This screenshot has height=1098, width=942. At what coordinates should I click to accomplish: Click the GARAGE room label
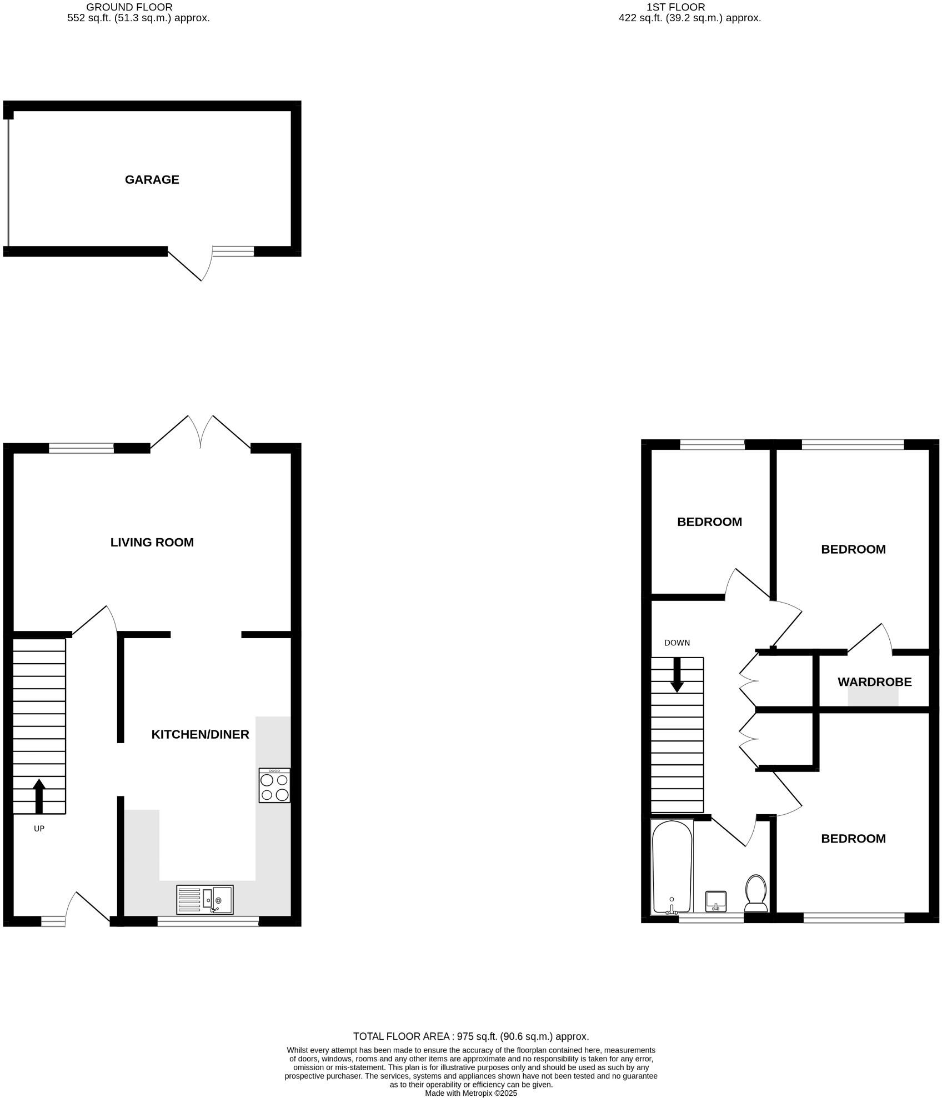pyautogui.click(x=152, y=179)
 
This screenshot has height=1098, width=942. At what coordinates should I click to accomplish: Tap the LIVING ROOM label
pyautogui.click(x=152, y=542)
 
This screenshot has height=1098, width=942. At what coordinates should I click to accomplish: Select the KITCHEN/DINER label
pyautogui.click(x=200, y=734)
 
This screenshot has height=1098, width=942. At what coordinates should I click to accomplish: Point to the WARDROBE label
pyautogui.click(x=874, y=681)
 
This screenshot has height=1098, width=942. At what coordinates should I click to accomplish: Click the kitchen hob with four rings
pyautogui.click(x=274, y=785)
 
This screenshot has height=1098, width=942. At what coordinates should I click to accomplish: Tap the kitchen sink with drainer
pyautogui.click(x=205, y=900)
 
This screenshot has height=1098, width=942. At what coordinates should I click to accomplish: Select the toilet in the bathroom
pyautogui.click(x=755, y=894)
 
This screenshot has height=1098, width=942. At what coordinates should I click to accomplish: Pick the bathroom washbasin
pyautogui.click(x=715, y=901)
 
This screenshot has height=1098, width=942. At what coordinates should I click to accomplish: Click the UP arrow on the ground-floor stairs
pyautogui.click(x=39, y=796)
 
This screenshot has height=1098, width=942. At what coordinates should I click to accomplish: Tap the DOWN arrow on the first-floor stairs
pyautogui.click(x=677, y=675)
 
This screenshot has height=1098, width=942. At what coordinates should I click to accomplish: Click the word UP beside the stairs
pyautogui.click(x=39, y=829)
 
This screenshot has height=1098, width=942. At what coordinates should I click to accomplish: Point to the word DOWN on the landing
pyautogui.click(x=677, y=643)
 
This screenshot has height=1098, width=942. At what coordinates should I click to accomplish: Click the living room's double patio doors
pyautogui.click(x=201, y=433)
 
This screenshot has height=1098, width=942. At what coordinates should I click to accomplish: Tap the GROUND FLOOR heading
pyautogui.click(x=129, y=7)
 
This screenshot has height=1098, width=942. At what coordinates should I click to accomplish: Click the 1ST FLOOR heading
pyautogui.click(x=675, y=7)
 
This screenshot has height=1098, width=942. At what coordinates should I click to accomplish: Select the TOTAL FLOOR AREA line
pyautogui.click(x=471, y=1036)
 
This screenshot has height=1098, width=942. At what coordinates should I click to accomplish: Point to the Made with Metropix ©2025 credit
pyautogui.click(x=471, y=1093)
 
